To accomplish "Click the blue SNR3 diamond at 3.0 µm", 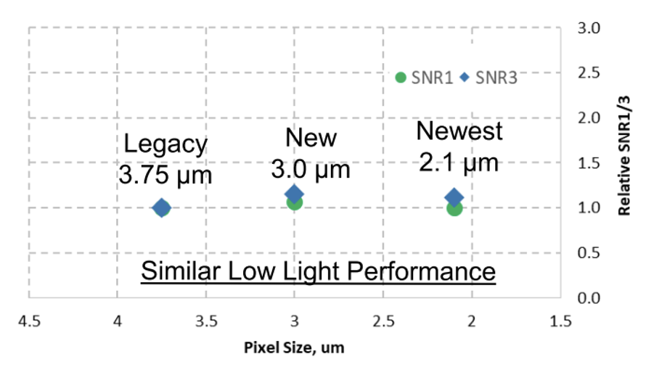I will click(294, 193).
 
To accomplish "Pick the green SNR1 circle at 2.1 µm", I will click(454, 209).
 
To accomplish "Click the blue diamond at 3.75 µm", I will click(162, 208).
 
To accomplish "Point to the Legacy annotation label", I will click(165, 144).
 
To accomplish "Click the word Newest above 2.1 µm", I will click(459, 131).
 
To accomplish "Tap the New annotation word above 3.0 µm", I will click(311, 138).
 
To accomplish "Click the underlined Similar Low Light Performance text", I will click(318, 272).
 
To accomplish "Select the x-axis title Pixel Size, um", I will click(294, 347).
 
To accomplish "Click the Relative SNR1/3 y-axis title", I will click(623, 164).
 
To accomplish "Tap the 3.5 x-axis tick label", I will click(205, 320).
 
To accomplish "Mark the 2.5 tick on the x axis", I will click(383, 320).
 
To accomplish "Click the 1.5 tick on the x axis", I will click(560, 320).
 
